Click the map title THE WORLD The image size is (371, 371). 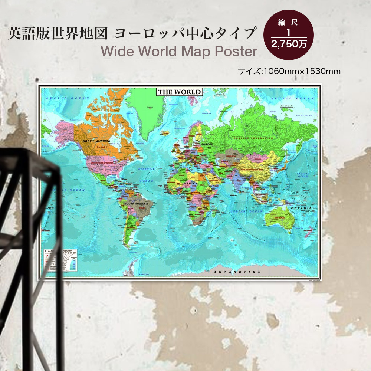(x=180, y=92)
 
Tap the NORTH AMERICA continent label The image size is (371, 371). (x=96, y=141)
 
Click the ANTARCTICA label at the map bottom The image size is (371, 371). (x=237, y=272)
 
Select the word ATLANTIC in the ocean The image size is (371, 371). (x=147, y=169)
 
